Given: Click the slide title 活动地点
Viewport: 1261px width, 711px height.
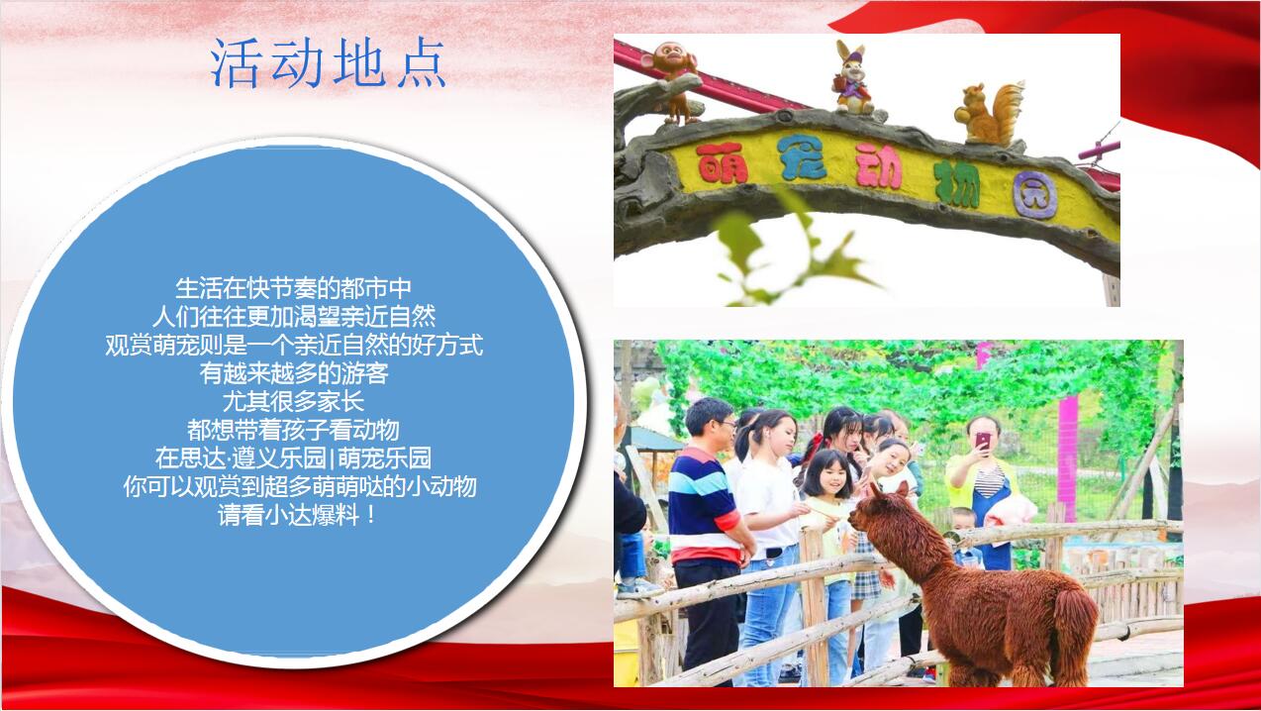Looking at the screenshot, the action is [x=329, y=63].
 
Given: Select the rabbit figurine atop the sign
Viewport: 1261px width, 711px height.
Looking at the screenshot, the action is [x=852, y=78].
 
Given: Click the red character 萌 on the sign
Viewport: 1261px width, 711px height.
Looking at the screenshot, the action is [x=722, y=162].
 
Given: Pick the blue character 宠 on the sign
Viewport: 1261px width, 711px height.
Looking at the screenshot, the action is [x=801, y=158].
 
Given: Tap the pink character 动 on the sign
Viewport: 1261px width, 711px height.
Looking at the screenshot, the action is [x=879, y=165].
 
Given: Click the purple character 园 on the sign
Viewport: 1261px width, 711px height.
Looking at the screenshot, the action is [x=1034, y=195].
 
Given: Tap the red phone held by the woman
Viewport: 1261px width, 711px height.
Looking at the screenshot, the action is [x=983, y=440].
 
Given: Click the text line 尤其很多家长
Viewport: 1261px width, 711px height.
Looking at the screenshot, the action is [x=293, y=402].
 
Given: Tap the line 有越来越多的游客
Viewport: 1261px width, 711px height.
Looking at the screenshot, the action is [x=294, y=373].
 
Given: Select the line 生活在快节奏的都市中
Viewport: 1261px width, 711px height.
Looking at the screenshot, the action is [x=293, y=288].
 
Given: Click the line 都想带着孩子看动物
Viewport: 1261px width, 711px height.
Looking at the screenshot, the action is [x=293, y=431].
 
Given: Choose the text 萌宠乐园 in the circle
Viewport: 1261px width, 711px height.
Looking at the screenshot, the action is [x=384, y=458].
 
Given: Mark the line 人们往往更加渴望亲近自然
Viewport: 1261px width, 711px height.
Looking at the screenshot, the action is [x=294, y=317].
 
